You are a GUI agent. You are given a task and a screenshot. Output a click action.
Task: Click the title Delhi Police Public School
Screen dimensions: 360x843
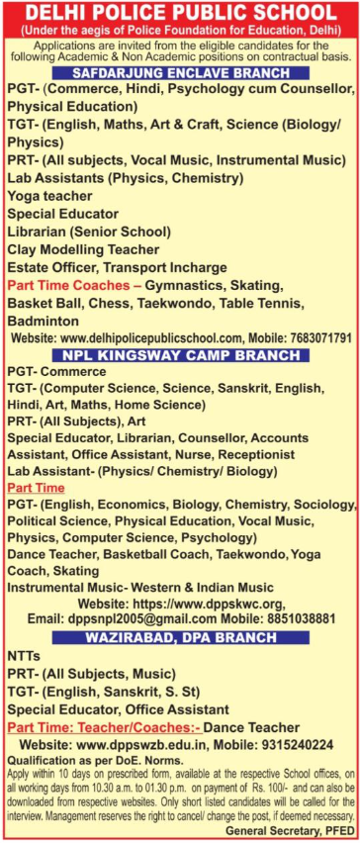pos(180,14)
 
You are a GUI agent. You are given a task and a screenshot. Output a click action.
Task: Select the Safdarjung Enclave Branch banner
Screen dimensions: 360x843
pos(179,74)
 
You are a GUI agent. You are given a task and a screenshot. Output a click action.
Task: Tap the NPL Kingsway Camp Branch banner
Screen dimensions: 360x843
pos(179,354)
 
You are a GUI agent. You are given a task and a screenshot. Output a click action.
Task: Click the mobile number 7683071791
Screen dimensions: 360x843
pos(309,337)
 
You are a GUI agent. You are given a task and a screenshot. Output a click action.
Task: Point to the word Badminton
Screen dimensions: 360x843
pos(44,321)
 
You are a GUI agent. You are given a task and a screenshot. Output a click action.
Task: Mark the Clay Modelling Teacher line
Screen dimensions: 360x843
pos(85,249)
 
